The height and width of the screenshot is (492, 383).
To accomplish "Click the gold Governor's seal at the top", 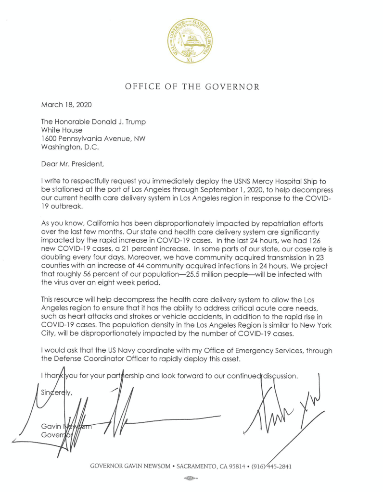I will pos(191,42).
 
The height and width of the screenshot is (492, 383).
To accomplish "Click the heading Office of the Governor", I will pos(192,87).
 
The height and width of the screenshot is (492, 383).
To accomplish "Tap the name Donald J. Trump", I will pos(120,122).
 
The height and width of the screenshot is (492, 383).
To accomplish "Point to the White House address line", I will pos(62,130).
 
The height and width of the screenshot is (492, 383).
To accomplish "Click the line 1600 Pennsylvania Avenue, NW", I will pos(93,139).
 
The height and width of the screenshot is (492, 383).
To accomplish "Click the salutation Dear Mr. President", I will pos(72,164).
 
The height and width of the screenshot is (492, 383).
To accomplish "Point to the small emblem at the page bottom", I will pos(191,479).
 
